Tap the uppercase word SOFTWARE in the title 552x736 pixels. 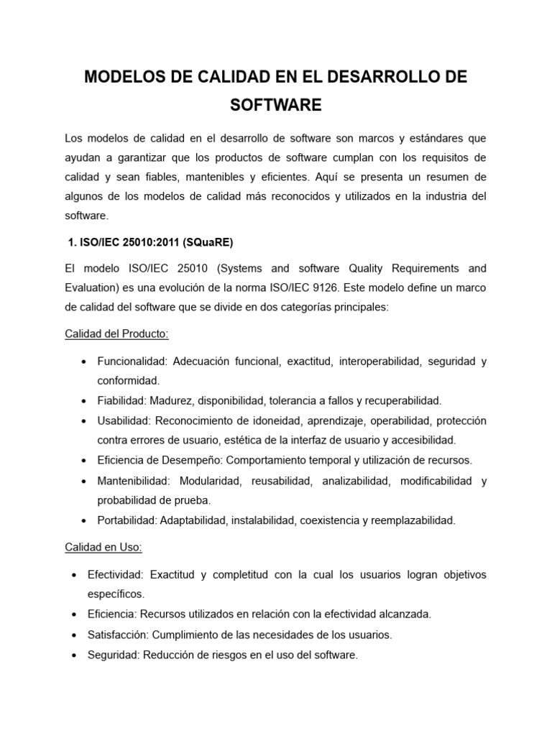coord(275,106)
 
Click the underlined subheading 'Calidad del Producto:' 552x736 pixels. coord(116,334)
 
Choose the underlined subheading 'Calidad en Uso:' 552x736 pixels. coord(103,548)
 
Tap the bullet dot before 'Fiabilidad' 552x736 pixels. coord(86,401)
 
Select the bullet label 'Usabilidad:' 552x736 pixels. coord(124,420)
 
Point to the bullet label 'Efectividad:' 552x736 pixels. coord(116,575)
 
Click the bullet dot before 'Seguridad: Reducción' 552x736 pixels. coord(75,656)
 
